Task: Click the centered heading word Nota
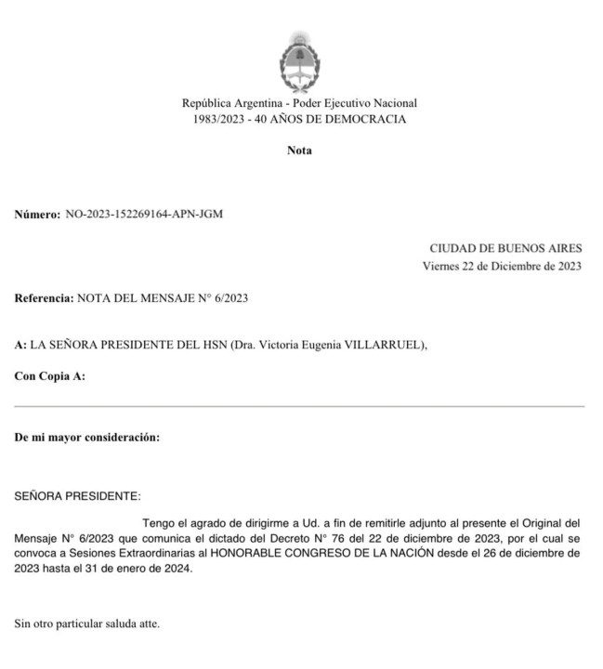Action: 299,151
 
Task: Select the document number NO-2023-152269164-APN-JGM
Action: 144,214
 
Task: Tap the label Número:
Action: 37,214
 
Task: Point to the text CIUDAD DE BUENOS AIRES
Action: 505,248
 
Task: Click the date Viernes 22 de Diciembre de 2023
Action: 502,266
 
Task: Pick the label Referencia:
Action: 43,298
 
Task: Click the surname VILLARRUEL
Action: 388,346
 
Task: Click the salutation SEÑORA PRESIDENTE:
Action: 77,496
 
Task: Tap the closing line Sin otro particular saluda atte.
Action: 86,623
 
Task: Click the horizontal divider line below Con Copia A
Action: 299,406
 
